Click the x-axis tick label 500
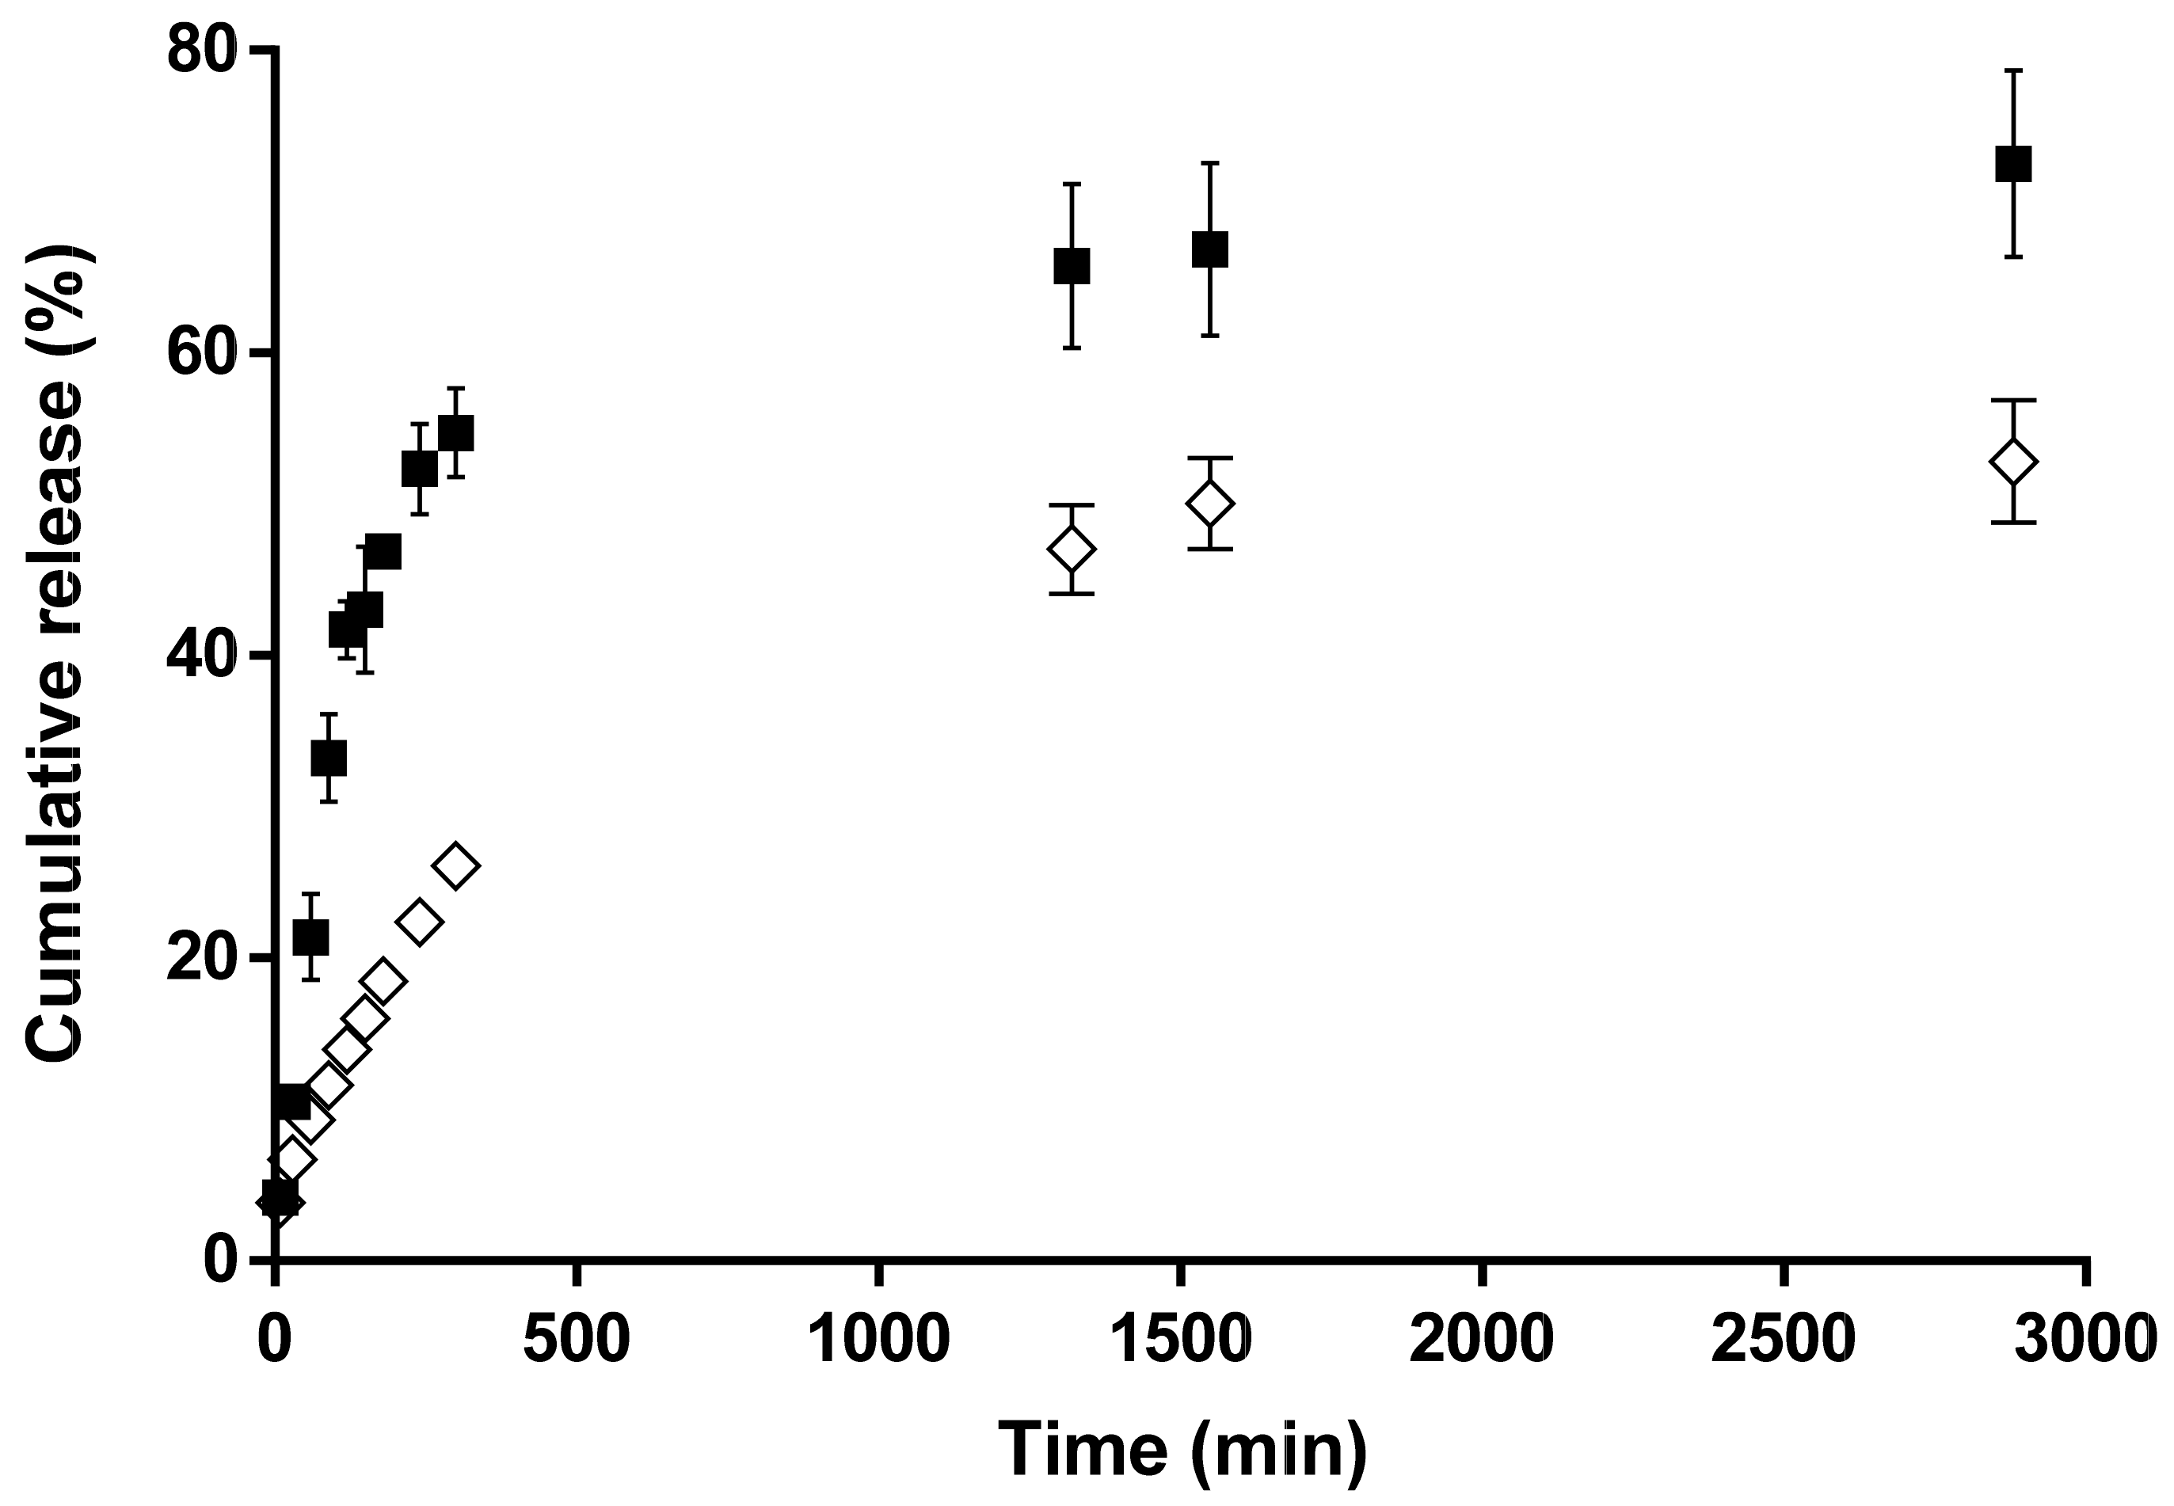576,1340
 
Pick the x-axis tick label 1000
878,1340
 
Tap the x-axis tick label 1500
1180,1340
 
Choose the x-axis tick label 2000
1483,1340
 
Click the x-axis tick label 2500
1784,1340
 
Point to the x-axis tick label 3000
2086,1340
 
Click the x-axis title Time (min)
1182,1449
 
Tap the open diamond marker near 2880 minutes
2012,462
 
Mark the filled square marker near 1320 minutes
1072,266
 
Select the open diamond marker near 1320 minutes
1072,550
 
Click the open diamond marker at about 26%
455,865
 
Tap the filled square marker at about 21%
311,937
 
